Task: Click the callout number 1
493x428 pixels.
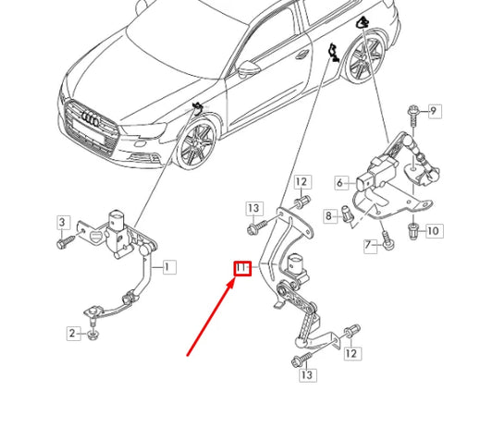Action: tap(167, 267)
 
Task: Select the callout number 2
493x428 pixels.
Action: tap(71, 333)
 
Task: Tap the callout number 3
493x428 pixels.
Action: tap(64, 223)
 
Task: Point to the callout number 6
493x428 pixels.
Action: tap(339, 183)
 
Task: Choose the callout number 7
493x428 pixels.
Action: tap(367, 245)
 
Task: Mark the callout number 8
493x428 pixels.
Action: tap(327, 215)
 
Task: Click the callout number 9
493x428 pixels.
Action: tap(434, 111)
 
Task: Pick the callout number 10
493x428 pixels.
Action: tap(434, 230)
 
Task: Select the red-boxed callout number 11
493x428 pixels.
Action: tap(241, 269)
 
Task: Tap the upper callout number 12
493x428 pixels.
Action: tap(302, 181)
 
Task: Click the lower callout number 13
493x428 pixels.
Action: tap(306, 374)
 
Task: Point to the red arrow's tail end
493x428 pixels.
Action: tap(188, 354)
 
